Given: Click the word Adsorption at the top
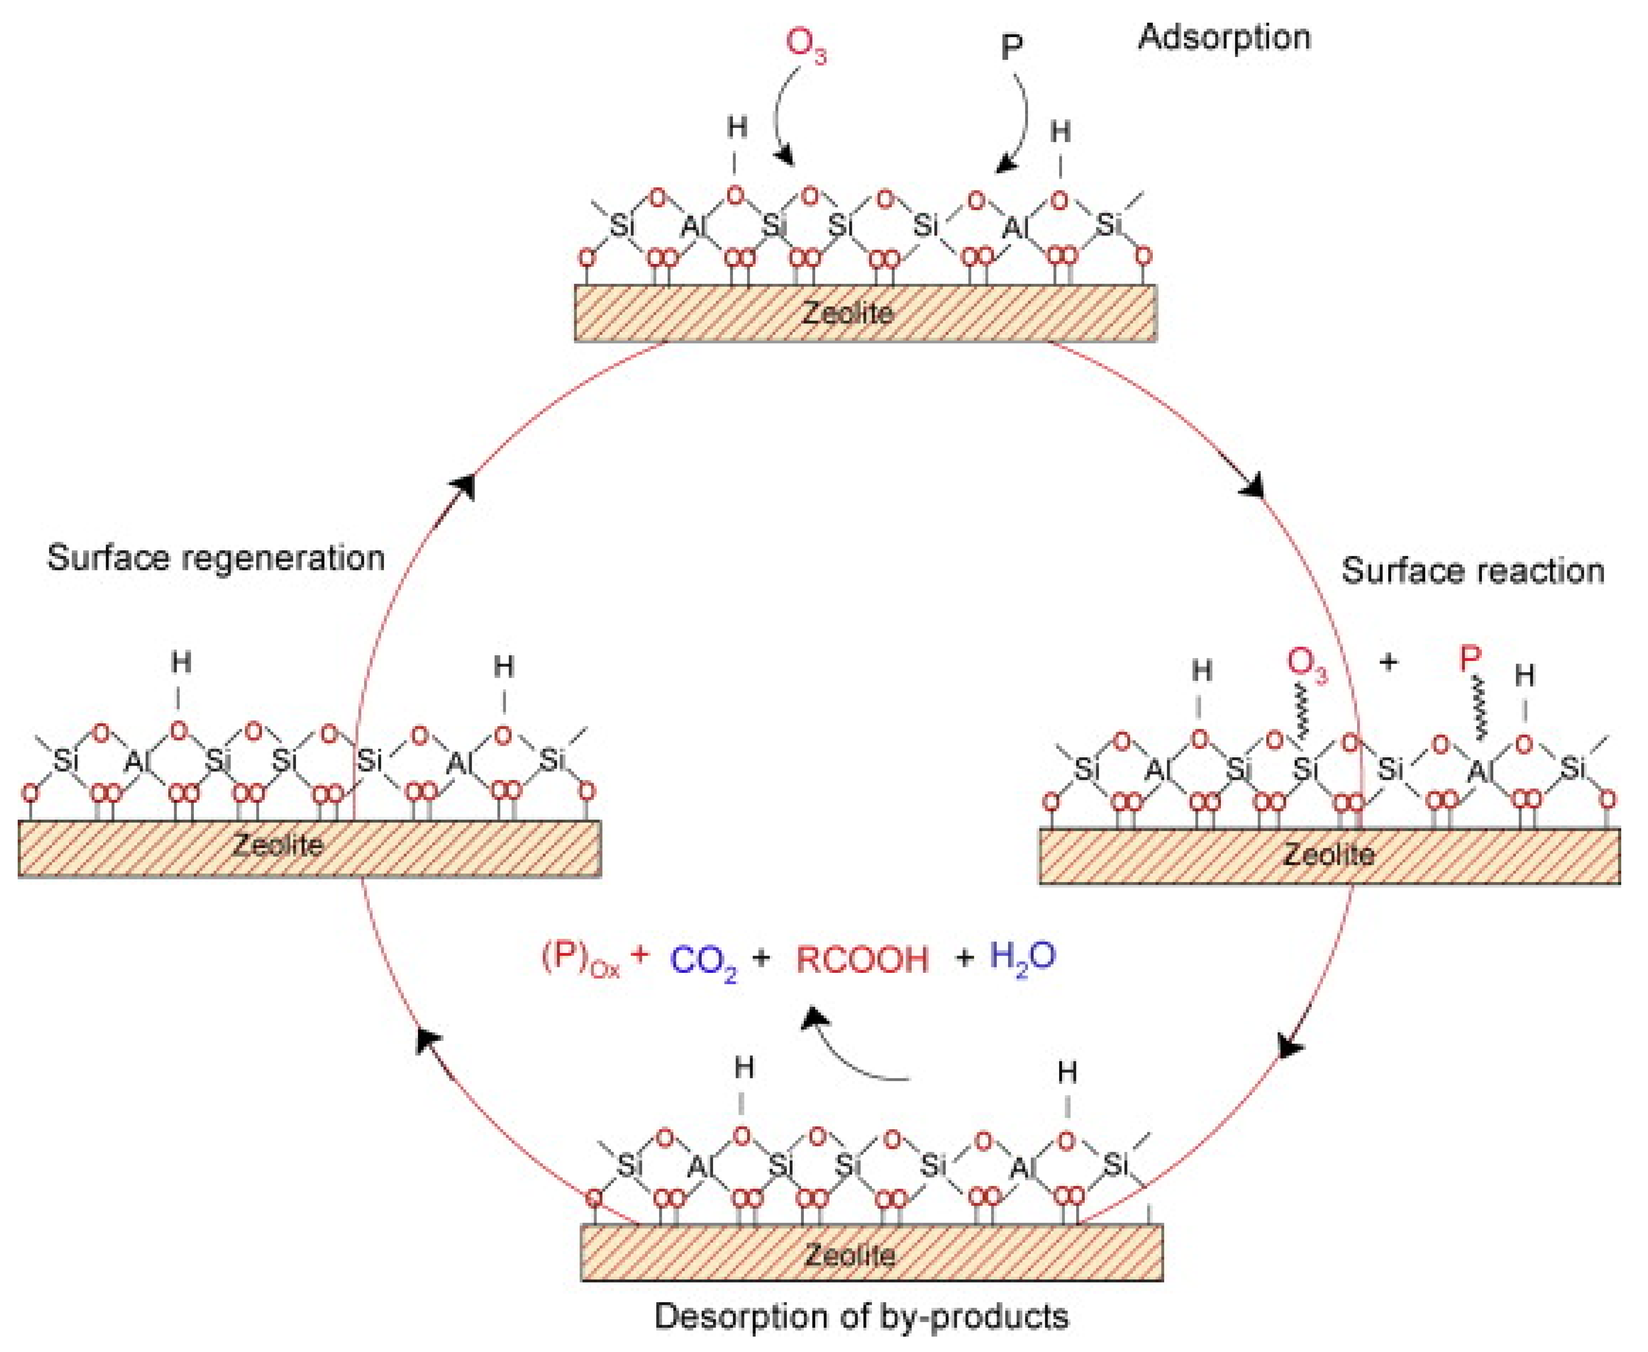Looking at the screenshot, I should [x=1224, y=37].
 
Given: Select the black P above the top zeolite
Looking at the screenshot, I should [x=1011, y=48].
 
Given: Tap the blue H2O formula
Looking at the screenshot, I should [x=1022, y=957].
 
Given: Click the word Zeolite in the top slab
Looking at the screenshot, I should [x=848, y=313].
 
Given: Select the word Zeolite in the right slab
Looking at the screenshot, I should [x=1328, y=855].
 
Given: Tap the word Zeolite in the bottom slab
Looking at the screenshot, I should [x=849, y=1254].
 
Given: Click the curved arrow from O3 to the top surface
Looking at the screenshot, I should [x=779, y=117].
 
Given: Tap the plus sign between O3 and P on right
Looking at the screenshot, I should [x=1388, y=663].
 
